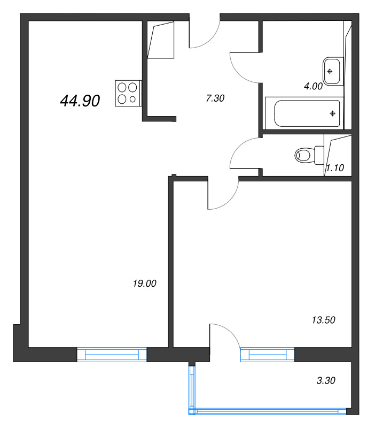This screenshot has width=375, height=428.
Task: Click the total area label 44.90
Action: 80,101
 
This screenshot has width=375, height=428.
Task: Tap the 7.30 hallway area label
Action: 215,98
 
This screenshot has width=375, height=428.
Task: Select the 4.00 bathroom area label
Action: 312,86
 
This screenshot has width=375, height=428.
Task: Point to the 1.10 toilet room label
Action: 334,167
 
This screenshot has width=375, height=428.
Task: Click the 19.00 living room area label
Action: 144,284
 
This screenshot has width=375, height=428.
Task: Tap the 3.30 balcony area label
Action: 326,381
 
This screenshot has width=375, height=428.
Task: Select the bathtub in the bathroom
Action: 303,113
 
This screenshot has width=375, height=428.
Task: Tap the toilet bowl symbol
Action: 305,156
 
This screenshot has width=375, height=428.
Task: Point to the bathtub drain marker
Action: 333,113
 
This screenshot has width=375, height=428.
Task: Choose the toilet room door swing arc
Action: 244,153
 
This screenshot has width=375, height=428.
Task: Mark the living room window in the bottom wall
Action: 112,355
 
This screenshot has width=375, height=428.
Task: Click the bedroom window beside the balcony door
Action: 267,355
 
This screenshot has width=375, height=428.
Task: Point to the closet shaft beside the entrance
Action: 162,40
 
